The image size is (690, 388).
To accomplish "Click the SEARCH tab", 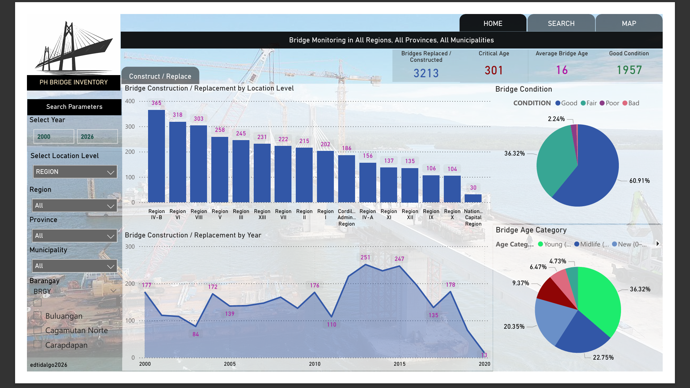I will [x=561, y=23].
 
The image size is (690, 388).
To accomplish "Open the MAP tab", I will [x=629, y=23].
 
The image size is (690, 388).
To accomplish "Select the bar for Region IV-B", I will [x=156, y=156].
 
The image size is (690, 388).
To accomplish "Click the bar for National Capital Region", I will [x=473, y=198].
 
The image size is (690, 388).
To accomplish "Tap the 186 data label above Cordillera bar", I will [x=346, y=148].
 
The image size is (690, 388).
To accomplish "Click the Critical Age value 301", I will [x=494, y=70].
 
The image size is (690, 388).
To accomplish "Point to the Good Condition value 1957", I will [x=629, y=70].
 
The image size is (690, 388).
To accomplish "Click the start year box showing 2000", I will [x=54, y=137].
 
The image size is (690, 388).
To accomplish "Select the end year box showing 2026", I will [x=97, y=137].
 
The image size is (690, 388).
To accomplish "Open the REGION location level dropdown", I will [x=75, y=172].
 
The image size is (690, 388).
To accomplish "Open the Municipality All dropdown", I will [x=74, y=266].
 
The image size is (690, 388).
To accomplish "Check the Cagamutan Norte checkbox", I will [x=37, y=330].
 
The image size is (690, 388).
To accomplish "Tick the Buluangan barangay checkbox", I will [x=37, y=315].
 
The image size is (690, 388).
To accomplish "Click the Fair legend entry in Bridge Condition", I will [x=589, y=103].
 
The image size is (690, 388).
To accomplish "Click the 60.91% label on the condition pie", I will [x=639, y=181].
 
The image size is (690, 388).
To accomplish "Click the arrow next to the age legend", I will [x=658, y=244].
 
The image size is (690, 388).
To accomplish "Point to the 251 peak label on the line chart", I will [x=365, y=257].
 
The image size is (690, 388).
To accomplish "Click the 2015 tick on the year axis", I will [x=399, y=364].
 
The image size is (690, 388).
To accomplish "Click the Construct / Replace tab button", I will [x=160, y=76].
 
